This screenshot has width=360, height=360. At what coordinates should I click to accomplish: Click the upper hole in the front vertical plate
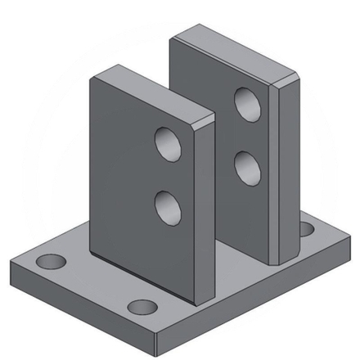pyautogui.click(x=169, y=144)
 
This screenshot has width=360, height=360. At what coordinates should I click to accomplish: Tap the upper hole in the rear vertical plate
pyautogui.click(x=246, y=104)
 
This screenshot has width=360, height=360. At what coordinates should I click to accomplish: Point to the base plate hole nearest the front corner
pyautogui.click(x=143, y=308)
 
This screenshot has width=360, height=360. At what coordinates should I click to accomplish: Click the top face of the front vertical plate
pyautogui.click(x=151, y=92)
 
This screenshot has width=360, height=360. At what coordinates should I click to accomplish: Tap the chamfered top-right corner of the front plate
pyautogui.click(x=206, y=120)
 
